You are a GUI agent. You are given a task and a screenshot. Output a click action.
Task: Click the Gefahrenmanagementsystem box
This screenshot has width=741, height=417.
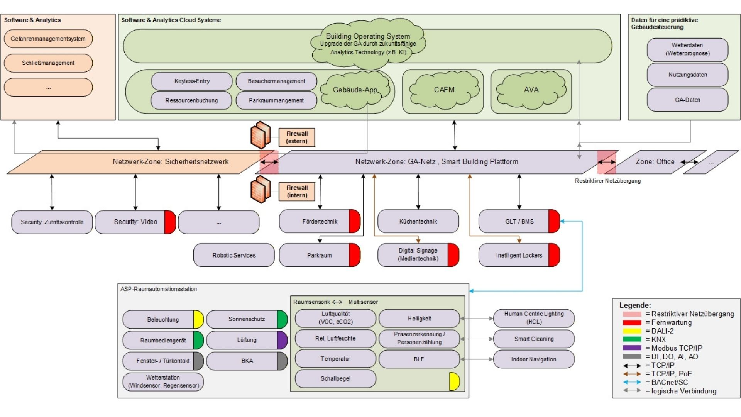pyautogui.click(x=48, y=39)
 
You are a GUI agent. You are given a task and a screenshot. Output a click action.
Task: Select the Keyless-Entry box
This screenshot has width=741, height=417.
pyautogui.click(x=192, y=81)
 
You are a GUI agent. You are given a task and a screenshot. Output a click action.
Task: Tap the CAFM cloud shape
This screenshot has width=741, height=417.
pyautogui.click(x=444, y=90)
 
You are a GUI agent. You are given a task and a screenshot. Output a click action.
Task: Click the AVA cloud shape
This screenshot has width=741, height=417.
pyautogui.click(x=531, y=90)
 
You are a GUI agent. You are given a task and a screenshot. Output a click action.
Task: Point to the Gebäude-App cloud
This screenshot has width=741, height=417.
pyautogui.click(x=354, y=90)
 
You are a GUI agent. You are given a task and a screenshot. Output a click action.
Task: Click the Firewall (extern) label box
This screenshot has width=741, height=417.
pyautogui.click(x=297, y=137)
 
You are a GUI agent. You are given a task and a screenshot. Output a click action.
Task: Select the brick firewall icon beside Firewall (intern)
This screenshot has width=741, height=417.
pyautogui.click(x=261, y=189)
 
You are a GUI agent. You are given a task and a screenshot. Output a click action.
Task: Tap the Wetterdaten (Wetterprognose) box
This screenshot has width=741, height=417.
pyautogui.click(x=687, y=49)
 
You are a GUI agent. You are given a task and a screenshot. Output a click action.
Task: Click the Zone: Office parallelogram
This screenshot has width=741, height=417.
pyautogui.click(x=655, y=162)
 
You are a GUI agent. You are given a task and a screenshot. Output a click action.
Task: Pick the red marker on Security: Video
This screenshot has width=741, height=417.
pyautogui.click(x=170, y=222)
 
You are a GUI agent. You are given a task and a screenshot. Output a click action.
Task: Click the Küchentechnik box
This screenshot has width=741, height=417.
pyautogui.click(x=418, y=222)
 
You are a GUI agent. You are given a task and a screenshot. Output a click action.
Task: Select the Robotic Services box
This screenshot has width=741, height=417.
pyautogui.click(x=234, y=255)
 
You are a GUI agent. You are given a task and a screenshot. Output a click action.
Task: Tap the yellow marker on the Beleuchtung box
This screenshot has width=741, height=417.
pyautogui.click(x=198, y=319)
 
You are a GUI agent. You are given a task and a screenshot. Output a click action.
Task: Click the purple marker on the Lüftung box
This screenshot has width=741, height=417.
pyautogui.click(x=282, y=340)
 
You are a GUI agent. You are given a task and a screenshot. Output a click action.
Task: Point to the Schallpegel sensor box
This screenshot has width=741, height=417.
pyautogui.click(x=335, y=379)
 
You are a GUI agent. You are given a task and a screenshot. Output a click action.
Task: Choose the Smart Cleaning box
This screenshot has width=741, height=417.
pyautogui.click(x=534, y=339)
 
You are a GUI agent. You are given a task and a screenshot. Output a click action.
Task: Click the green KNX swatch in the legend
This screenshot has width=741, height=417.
pyautogui.click(x=632, y=339)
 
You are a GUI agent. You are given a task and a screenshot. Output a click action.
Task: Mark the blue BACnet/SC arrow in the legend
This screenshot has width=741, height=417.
pyautogui.click(x=632, y=382)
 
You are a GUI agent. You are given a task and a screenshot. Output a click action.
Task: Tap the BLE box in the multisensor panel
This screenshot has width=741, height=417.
pyautogui.click(x=419, y=359)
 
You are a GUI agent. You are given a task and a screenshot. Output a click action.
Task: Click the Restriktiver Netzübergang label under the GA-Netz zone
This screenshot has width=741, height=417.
pyautogui.click(x=607, y=181)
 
